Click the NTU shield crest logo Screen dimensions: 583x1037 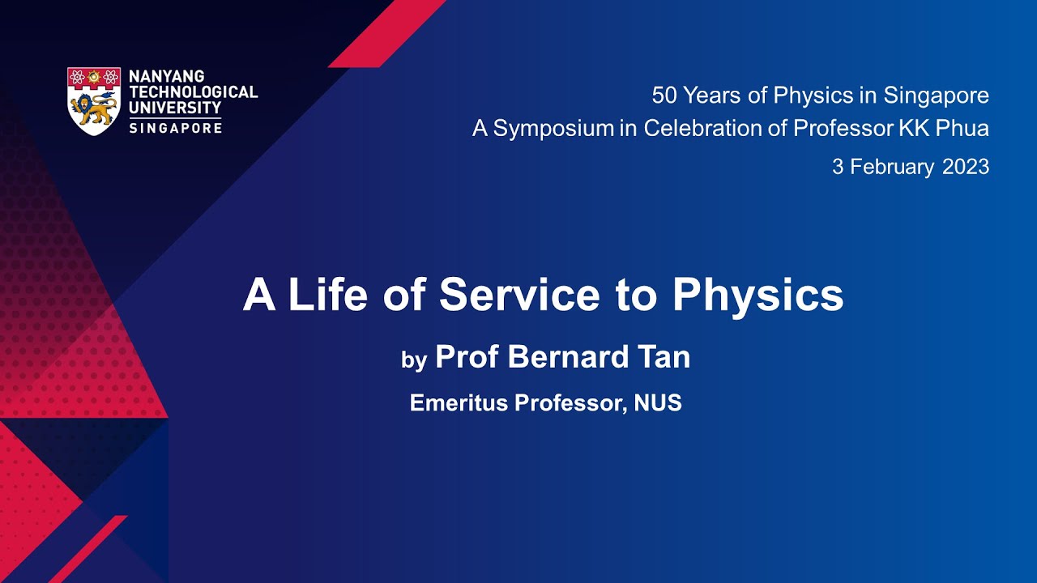click(94, 100)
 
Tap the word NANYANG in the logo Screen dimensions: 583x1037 click(166, 77)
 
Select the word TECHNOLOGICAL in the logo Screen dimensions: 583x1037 click(193, 92)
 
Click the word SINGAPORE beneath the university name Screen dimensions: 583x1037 click(175, 128)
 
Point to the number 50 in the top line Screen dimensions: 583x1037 click(664, 96)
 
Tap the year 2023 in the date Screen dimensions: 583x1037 click(966, 167)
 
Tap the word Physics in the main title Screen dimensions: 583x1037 click(757, 296)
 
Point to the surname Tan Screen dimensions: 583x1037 click(664, 357)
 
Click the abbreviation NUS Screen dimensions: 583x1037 click(658, 402)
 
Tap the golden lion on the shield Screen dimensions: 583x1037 click(93, 108)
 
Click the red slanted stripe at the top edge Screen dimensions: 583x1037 click(387, 33)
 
